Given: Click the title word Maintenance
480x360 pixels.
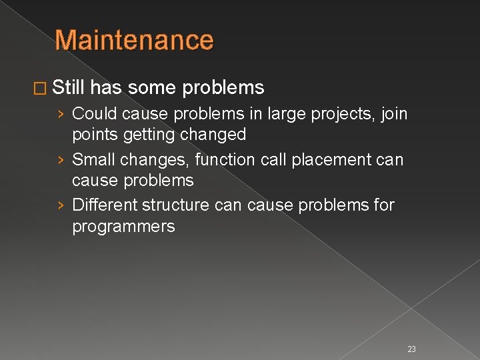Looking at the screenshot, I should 134,40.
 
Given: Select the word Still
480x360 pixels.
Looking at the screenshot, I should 69,87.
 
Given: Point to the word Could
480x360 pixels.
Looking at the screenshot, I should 95,114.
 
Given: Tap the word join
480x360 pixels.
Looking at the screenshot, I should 393,115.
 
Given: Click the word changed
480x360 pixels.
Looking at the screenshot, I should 213,135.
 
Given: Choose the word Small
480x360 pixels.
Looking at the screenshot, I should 93,160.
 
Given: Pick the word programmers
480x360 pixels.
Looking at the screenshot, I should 123,227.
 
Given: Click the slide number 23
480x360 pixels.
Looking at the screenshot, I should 411,349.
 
